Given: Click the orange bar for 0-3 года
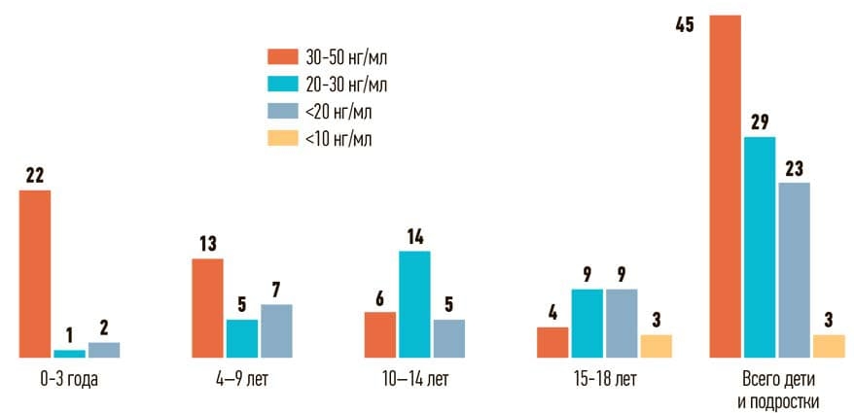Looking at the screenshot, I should [35, 274].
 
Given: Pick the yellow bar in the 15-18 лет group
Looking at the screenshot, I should [657, 346].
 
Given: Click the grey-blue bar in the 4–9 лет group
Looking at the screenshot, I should [276, 330].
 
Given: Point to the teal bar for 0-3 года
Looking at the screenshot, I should [69, 353].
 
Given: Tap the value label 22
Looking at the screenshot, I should [35, 176].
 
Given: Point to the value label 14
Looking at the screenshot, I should [414, 236].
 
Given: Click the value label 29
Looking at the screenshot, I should [759, 122].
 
